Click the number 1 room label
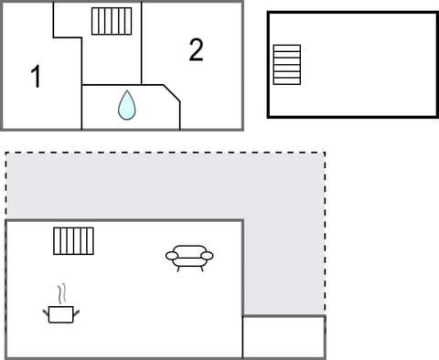(36, 77)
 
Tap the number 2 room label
(196, 50)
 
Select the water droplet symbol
(126, 105)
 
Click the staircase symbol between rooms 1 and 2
(112, 20)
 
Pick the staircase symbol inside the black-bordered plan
(287, 64)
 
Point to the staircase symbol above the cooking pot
(73, 241)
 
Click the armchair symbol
(189, 258)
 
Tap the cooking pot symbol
(61, 313)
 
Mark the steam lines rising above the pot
(62, 294)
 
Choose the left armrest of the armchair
(171, 256)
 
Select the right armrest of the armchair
(208, 256)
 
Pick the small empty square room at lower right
(284, 337)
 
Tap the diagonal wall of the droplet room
(172, 94)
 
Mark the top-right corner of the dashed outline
(325, 153)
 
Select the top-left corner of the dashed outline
(6, 153)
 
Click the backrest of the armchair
(189, 249)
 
